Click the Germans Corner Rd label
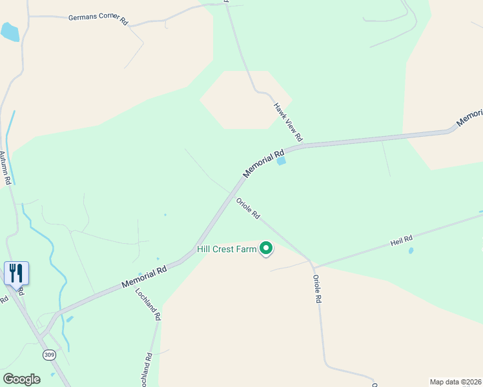coord(98,19)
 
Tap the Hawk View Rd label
coord(288,122)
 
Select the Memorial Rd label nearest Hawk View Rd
coord(263,164)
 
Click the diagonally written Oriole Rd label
coord(247,208)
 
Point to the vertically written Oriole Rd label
coord(317,290)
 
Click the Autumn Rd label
coord(6,168)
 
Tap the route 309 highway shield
coord(49,355)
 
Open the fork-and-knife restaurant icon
coord(16,273)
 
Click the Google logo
coord(21,379)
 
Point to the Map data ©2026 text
coord(455,382)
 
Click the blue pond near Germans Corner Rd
coord(10,32)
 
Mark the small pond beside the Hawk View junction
coord(281,161)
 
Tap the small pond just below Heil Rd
coord(411,250)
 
